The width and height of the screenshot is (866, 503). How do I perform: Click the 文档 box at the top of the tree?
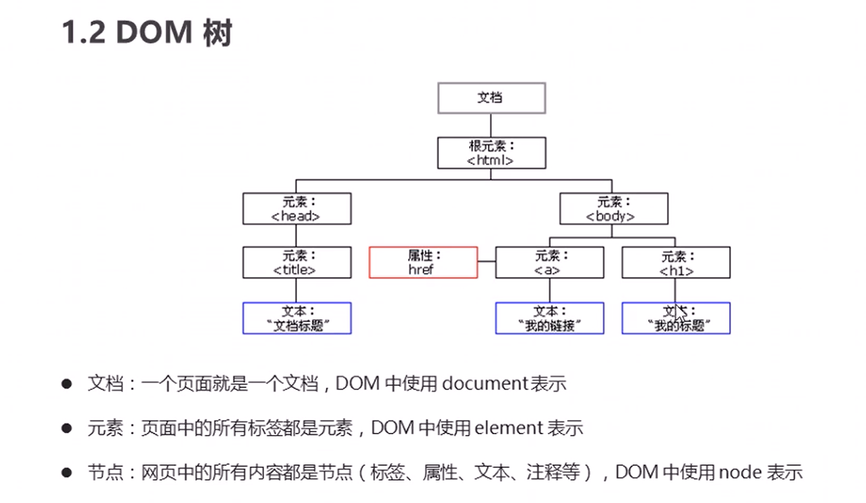coord(491,98)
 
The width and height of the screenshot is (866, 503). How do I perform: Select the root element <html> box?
coord(491,153)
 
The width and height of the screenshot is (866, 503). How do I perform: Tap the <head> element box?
coord(296,208)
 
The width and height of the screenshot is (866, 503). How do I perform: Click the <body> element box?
coord(613,208)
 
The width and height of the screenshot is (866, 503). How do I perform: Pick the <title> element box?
coord(296,262)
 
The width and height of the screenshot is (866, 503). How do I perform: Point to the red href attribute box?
coord(423,262)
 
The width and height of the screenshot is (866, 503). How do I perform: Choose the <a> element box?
coord(549,262)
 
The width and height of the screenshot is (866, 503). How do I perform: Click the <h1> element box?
coord(676,262)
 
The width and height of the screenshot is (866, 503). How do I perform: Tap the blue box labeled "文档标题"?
coord(296,318)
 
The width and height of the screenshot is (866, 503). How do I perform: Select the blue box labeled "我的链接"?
coord(549,318)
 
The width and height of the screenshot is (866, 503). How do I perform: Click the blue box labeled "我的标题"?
coord(676,318)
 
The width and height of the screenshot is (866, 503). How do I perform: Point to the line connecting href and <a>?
coord(487,262)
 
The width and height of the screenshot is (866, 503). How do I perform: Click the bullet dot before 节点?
coord(67,472)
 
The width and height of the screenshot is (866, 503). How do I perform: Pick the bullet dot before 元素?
coord(67,427)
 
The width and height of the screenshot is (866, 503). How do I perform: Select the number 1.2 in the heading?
coord(84,32)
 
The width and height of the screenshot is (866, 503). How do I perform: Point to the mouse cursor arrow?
coord(679,311)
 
